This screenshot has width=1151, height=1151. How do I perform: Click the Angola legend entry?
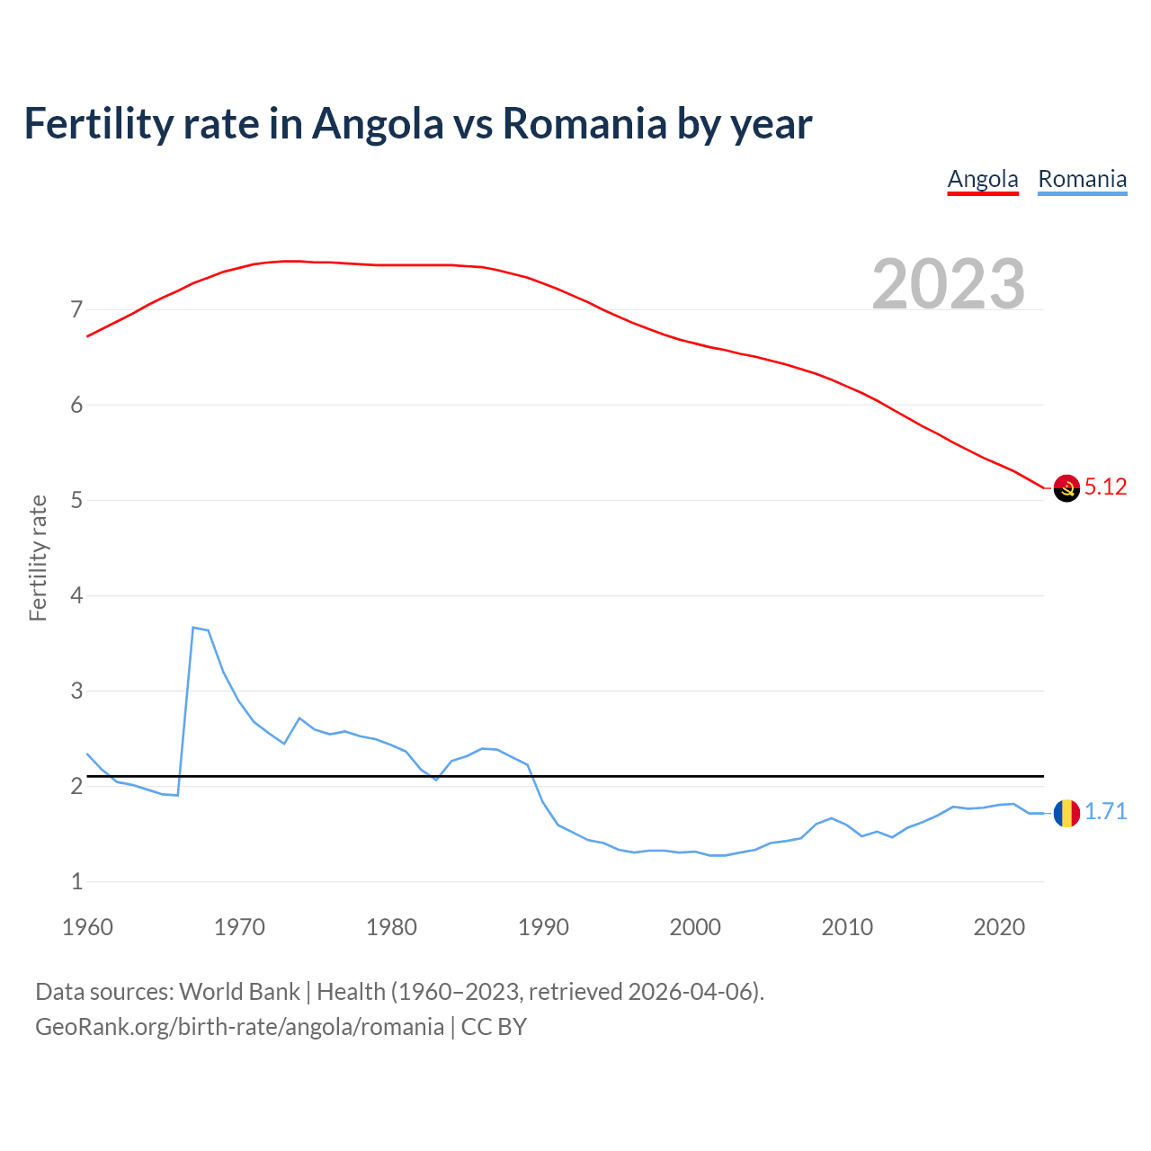983,179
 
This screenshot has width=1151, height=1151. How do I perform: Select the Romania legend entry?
1082,179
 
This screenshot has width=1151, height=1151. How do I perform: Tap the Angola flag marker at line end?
1066,487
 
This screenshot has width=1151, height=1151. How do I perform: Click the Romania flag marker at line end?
1066,813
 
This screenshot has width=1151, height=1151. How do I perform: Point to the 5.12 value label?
1105,486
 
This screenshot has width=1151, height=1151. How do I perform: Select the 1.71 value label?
1105,811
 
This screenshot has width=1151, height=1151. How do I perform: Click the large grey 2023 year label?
949,284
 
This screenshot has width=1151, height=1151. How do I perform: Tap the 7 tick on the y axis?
76,310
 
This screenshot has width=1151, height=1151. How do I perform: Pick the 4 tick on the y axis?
76,595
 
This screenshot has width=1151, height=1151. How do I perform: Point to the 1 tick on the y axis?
76,881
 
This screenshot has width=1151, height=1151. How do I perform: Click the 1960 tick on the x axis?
87,927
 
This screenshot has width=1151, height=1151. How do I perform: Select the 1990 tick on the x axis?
543,927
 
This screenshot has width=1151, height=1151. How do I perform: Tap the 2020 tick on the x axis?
999,927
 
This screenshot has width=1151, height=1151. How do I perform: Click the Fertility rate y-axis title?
38,558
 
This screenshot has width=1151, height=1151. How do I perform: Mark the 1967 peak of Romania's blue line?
193,628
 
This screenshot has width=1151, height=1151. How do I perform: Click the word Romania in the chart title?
584,123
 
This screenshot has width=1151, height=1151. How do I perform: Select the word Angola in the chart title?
378,123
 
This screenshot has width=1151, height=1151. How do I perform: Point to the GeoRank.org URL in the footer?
239,1027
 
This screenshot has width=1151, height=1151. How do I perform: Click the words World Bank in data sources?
239,992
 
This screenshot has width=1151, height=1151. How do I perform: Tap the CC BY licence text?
494,1027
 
